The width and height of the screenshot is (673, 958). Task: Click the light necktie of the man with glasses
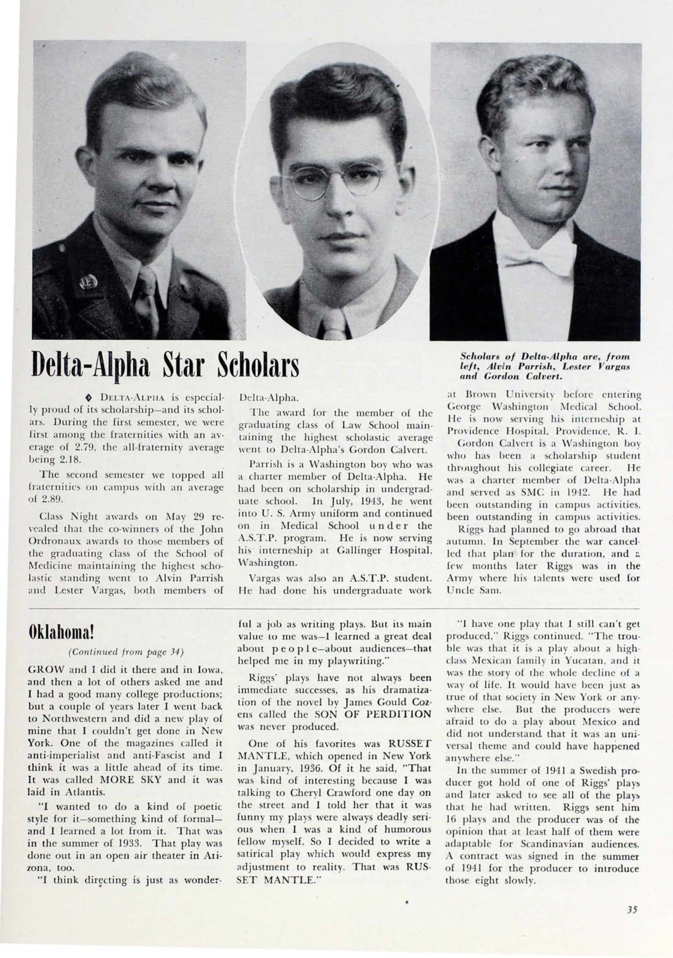pyautogui.click(x=334, y=325)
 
